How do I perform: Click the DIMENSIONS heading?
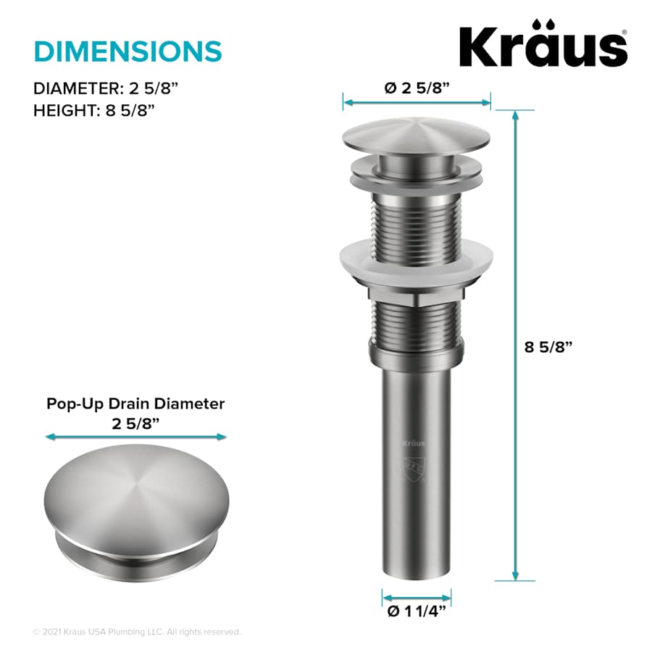(x=128, y=51)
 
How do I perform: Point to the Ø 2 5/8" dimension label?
(x=417, y=88)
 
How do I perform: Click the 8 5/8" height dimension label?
(x=548, y=346)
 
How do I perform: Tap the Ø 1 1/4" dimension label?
(x=417, y=611)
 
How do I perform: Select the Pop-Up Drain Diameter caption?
(x=135, y=404)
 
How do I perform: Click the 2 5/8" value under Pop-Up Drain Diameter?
(x=135, y=424)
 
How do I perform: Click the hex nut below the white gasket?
(x=416, y=295)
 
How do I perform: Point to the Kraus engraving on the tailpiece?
(x=414, y=443)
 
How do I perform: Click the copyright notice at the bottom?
(x=137, y=632)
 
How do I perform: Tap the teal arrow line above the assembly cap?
(x=417, y=102)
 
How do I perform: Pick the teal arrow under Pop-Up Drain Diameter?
(x=135, y=437)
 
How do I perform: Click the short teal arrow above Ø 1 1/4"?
(x=417, y=597)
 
